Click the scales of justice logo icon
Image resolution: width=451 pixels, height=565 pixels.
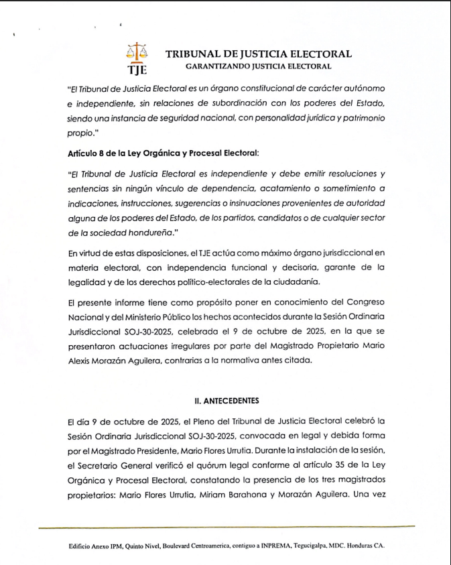(x=136, y=52)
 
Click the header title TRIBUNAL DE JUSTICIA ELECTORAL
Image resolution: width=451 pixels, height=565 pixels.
(x=258, y=54)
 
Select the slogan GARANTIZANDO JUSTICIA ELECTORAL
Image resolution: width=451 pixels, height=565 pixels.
(x=258, y=66)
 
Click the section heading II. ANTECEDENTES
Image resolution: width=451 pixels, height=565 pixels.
(x=225, y=400)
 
